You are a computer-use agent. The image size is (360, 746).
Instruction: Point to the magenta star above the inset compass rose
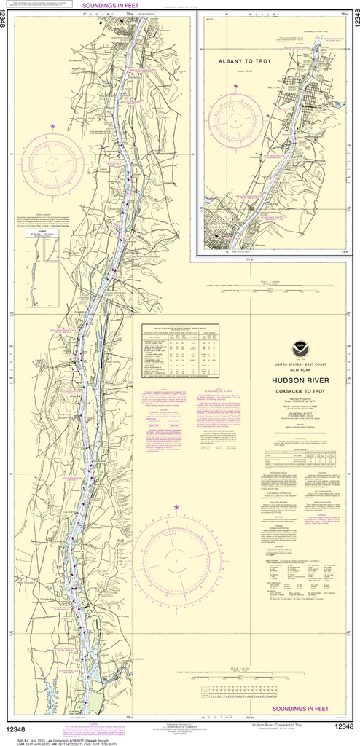coord(235,87)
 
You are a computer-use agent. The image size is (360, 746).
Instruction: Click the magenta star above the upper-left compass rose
coord(52,127)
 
